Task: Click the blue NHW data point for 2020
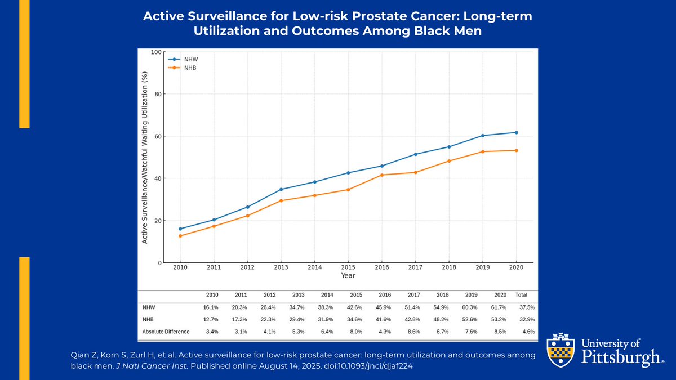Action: coord(517,132)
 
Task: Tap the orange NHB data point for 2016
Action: coord(382,175)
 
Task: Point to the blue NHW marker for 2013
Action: coord(281,189)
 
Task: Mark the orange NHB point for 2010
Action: coord(180,236)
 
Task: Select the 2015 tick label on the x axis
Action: coord(348,268)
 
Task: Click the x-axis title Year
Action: coord(348,276)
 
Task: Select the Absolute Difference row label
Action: coord(166,331)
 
